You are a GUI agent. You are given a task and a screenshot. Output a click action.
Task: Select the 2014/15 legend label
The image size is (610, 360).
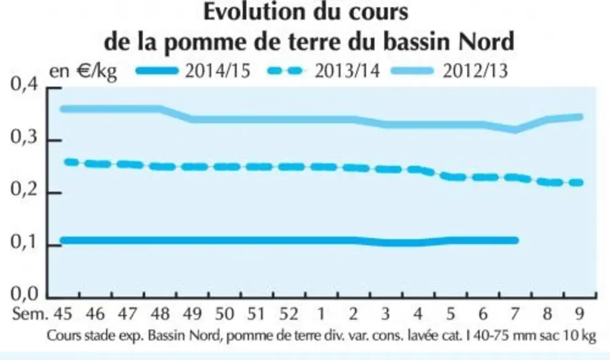217,71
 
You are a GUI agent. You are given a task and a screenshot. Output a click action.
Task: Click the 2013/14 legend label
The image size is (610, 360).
347,71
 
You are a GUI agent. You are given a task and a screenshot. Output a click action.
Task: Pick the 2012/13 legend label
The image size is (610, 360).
476,71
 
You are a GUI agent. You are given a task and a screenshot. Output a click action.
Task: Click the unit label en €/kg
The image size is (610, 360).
83,72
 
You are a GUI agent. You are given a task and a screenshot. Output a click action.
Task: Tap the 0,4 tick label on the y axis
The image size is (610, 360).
24,85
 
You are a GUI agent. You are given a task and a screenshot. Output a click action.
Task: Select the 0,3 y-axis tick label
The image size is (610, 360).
24,137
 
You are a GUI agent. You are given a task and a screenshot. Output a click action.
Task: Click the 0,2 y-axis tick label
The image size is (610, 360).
24,189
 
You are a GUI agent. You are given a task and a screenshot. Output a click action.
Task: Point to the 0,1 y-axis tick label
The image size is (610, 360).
24,242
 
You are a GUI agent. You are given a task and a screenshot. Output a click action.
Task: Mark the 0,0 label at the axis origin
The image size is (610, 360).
24,294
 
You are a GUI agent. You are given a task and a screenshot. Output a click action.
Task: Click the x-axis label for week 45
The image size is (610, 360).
63,314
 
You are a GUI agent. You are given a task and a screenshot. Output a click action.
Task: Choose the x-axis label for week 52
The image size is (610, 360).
288,314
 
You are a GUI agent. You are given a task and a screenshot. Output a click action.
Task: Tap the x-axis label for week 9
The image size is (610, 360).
579,314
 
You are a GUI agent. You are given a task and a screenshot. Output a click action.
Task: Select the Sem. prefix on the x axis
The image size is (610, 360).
31,314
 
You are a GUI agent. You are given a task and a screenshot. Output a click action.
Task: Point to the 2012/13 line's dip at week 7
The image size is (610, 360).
515,129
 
